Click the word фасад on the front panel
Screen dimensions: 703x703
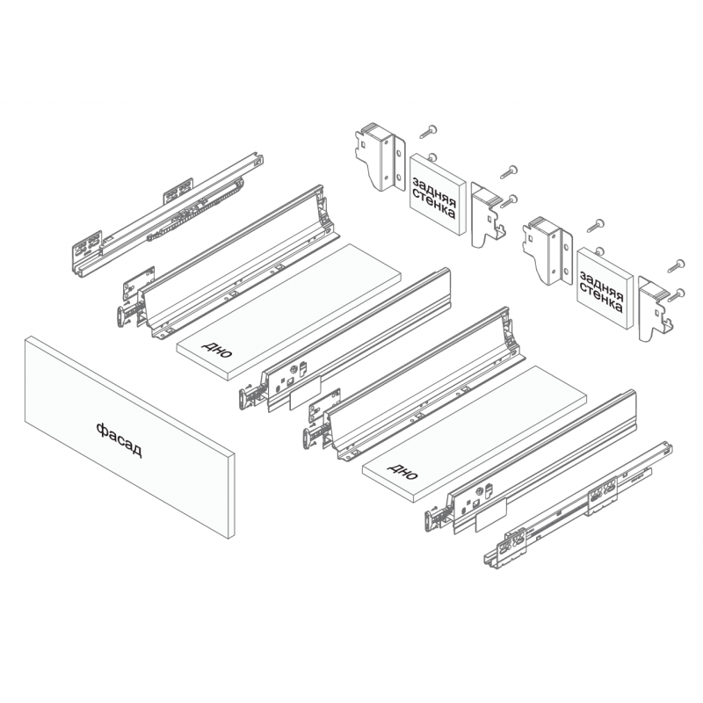(119, 440)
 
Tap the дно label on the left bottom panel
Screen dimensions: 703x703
(217, 349)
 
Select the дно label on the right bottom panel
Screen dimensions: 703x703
(402, 471)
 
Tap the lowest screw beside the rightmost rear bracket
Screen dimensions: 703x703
(676, 295)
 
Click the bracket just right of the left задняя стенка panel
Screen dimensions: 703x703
(488, 214)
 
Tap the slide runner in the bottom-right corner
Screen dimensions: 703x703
(578, 507)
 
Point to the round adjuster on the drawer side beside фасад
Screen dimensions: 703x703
(294, 369)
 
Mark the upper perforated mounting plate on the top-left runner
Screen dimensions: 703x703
(178, 192)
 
